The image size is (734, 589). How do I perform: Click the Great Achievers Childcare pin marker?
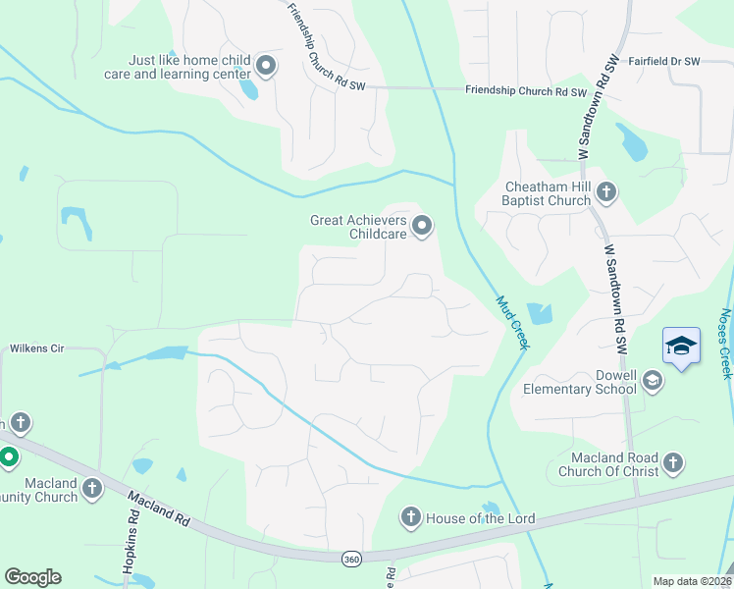(423, 227)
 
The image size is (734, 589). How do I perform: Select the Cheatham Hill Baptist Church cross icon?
(605, 192)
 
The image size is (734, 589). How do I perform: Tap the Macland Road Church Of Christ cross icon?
(672, 461)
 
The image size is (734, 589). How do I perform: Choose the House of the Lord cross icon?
(410, 516)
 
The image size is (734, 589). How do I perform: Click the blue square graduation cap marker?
(681, 347)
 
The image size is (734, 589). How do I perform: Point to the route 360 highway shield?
(351, 559)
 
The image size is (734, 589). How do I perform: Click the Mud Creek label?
(512, 323)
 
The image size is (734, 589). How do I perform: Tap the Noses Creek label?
(725, 344)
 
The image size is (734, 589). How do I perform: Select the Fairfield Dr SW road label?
(664, 61)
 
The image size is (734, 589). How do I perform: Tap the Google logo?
(32, 577)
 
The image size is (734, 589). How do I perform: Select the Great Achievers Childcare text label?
(357, 227)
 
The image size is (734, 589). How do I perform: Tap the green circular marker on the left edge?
(8, 457)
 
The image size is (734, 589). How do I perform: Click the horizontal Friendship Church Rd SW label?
(525, 93)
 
